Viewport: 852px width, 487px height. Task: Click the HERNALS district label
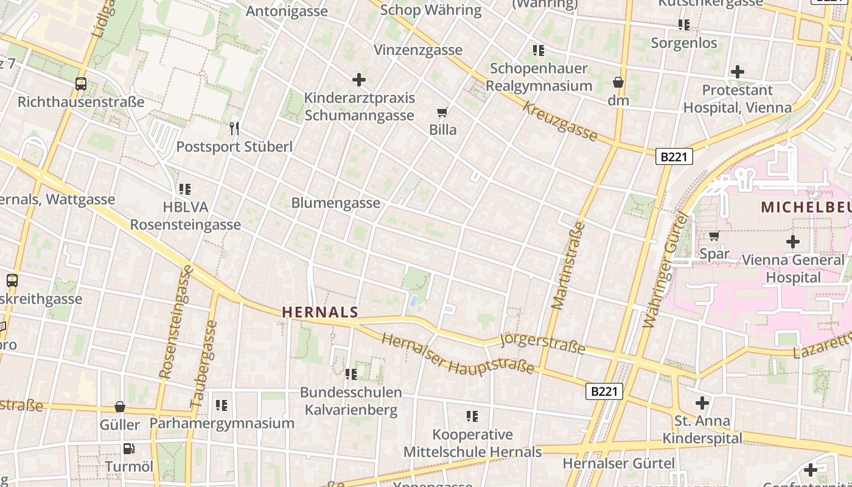[320, 312]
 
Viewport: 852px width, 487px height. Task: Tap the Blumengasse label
[335, 203]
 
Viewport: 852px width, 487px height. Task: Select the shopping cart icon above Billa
[442, 112]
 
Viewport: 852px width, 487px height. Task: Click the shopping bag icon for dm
[618, 82]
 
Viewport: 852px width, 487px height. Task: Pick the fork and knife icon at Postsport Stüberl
[234, 128]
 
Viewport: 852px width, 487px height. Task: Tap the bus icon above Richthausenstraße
[81, 84]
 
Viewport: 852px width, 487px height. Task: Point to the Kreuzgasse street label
[560, 121]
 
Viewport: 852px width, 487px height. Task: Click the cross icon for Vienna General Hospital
[792, 242]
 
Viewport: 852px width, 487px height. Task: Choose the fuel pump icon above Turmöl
[129, 449]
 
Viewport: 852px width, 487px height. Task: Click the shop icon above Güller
[120, 407]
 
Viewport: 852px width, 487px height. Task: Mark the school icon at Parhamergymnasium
[222, 405]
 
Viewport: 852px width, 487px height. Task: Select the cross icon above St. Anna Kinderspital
[702, 402]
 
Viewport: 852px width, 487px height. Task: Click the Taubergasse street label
[204, 364]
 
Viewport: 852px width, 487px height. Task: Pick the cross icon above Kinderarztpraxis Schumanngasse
[359, 79]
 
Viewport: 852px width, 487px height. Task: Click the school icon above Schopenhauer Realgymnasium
[539, 50]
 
